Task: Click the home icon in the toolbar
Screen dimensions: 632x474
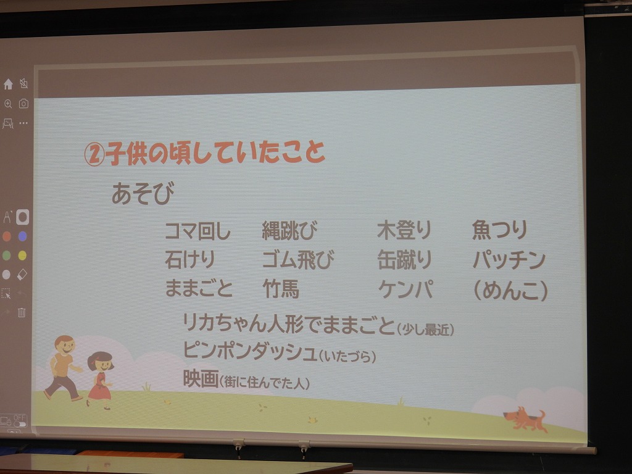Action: pyautogui.click(x=8, y=84)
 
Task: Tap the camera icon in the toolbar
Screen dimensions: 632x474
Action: pyautogui.click(x=24, y=104)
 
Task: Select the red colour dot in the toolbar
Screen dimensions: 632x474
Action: pyautogui.click(x=7, y=236)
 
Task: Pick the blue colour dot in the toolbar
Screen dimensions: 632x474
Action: pyautogui.click(x=23, y=236)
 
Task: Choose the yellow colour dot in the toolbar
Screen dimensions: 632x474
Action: pyautogui.click(x=23, y=255)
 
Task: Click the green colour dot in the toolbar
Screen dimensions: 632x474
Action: pyautogui.click(x=6, y=255)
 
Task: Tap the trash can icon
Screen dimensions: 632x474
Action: pyautogui.click(x=22, y=312)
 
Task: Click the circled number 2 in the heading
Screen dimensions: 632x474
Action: pyautogui.click(x=94, y=155)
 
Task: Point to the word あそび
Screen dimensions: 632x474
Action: pyautogui.click(x=143, y=193)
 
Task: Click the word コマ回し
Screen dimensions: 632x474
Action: pyautogui.click(x=198, y=231)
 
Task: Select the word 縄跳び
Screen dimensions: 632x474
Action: pyautogui.click(x=290, y=231)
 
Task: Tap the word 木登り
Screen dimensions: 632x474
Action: pyautogui.click(x=404, y=230)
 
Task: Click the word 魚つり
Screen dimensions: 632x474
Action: pyautogui.click(x=500, y=230)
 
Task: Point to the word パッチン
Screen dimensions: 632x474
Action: pyautogui.click(x=509, y=260)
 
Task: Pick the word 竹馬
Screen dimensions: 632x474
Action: pyautogui.click(x=281, y=289)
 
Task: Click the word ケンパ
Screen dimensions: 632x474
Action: pyautogui.click(x=405, y=289)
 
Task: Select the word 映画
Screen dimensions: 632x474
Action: pyautogui.click(x=201, y=378)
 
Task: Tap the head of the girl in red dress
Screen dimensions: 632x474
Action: pyautogui.click(x=101, y=362)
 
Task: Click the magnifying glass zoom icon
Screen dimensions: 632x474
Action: pyautogui.click(x=8, y=104)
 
